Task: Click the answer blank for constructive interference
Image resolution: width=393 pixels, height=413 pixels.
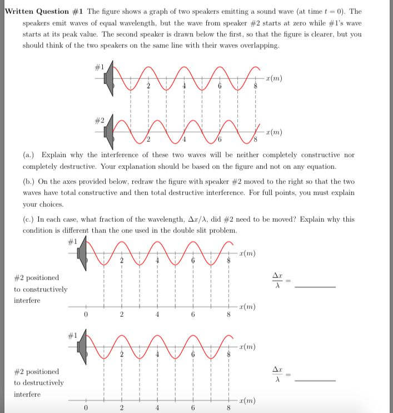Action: coord(315,286)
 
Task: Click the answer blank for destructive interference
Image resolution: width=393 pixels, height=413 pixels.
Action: coord(315,380)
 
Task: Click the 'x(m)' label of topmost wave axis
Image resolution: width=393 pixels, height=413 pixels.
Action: coord(273,78)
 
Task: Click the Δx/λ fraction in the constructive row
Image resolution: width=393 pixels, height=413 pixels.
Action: coord(276,281)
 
